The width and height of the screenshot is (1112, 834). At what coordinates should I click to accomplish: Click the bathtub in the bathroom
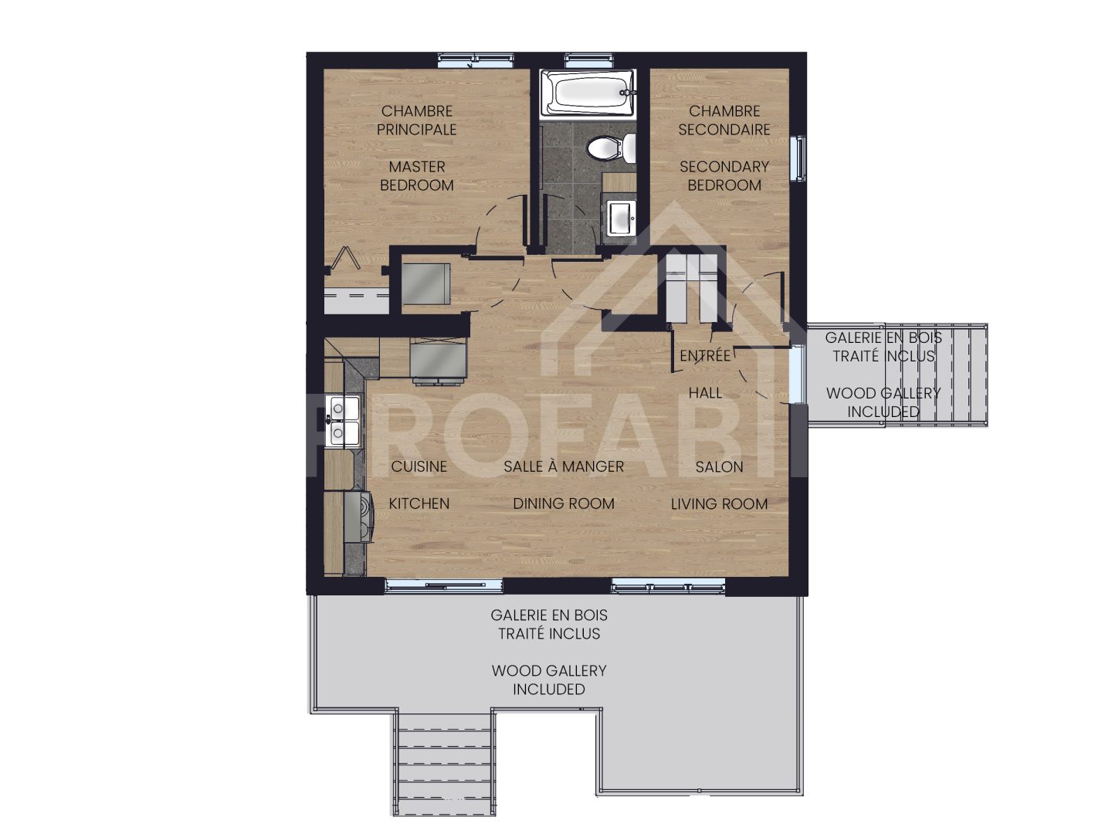[x=588, y=92]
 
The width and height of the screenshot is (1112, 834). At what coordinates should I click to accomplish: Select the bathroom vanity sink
[x=619, y=216]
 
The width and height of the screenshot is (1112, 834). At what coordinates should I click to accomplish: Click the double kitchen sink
[x=340, y=421]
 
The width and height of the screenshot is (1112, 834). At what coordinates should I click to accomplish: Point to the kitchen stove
[x=356, y=517]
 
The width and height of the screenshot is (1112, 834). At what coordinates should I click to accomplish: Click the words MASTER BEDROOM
[x=416, y=176]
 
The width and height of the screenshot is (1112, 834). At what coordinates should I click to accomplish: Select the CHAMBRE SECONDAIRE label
[x=724, y=120]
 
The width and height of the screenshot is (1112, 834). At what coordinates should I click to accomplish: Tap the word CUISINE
[x=419, y=466]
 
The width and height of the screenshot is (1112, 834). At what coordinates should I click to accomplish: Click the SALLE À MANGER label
[x=564, y=466]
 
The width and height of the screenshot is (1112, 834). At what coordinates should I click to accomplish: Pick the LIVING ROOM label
[x=719, y=504]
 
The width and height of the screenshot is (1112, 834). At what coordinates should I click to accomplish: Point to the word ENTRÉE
[x=704, y=356]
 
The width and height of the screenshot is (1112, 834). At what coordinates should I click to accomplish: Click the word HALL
[x=705, y=393]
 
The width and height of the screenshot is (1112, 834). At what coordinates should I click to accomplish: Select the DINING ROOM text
[x=564, y=504]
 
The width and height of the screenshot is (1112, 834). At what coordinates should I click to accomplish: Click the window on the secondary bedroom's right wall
[x=800, y=159]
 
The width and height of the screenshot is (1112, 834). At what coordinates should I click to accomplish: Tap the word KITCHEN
[x=419, y=504]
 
